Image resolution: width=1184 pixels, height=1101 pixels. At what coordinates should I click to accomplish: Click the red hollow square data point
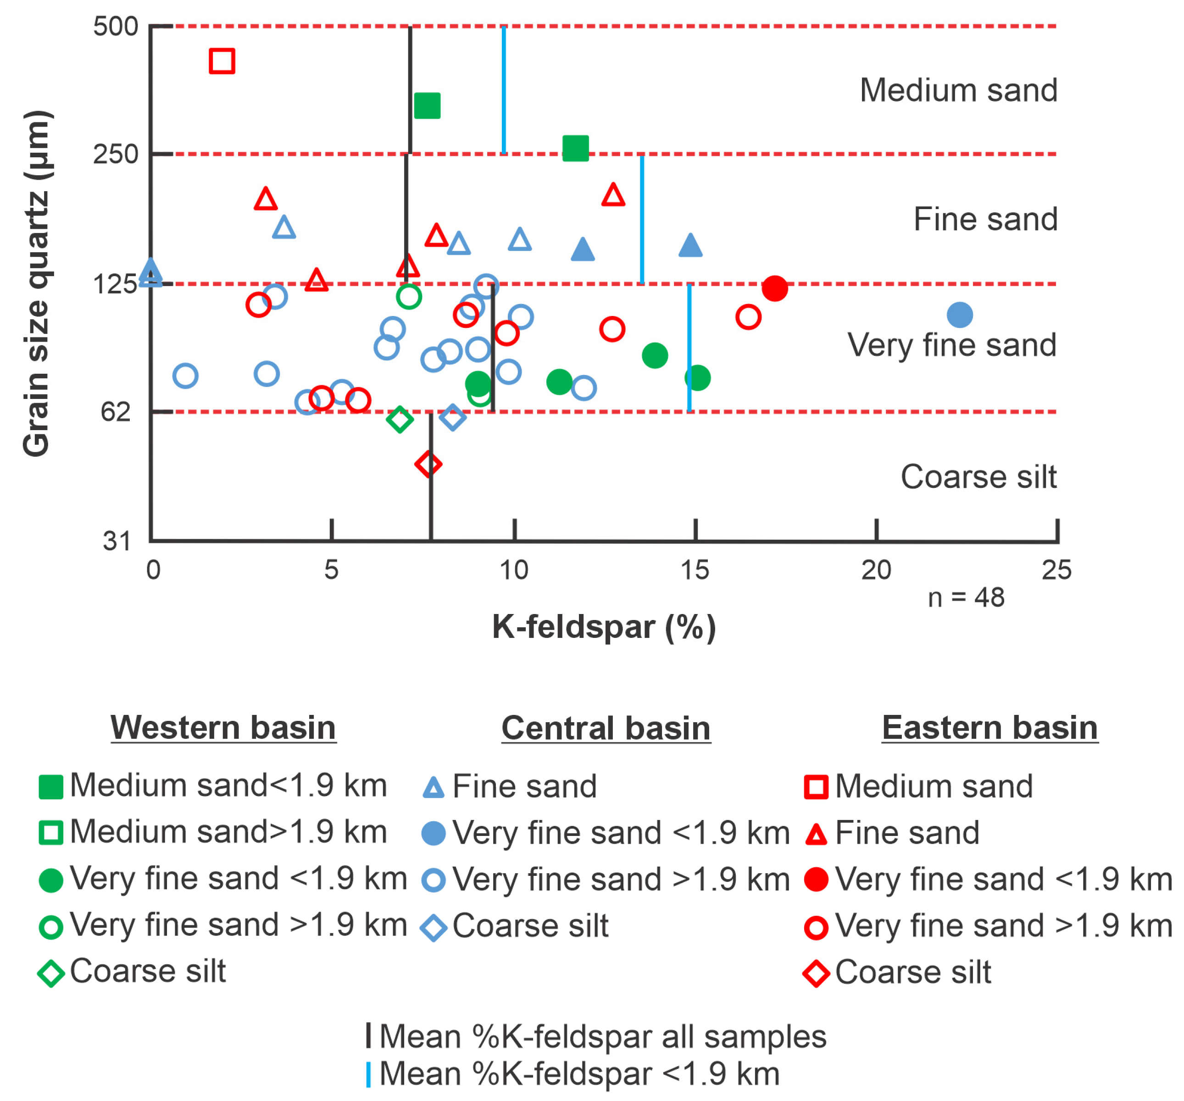(222, 61)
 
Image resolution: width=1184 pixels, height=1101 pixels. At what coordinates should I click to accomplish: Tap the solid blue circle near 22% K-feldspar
(960, 315)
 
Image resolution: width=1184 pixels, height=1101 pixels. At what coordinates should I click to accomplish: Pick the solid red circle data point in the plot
(775, 288)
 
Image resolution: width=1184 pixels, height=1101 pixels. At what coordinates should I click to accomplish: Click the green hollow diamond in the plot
(400, 419)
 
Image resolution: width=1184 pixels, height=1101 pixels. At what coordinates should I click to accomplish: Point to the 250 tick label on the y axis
(116, 154)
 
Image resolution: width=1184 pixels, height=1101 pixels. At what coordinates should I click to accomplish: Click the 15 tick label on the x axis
(695, 570)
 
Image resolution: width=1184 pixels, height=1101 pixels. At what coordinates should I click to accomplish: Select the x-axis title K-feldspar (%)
(604, 627)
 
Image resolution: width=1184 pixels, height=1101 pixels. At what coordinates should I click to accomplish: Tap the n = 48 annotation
(966, 597)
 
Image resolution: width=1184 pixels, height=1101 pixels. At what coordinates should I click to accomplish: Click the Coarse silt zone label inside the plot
(978, 476)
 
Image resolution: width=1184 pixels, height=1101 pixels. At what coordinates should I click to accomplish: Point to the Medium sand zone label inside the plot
(958, 90)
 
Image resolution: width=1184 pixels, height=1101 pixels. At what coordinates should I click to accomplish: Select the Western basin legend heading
(223, 728)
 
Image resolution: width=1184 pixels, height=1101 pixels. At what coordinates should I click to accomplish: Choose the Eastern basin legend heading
(990, 728)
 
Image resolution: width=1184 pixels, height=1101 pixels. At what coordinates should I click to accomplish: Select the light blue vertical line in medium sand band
(504, 89)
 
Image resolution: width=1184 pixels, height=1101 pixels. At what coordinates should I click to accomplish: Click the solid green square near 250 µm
(576, 148)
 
